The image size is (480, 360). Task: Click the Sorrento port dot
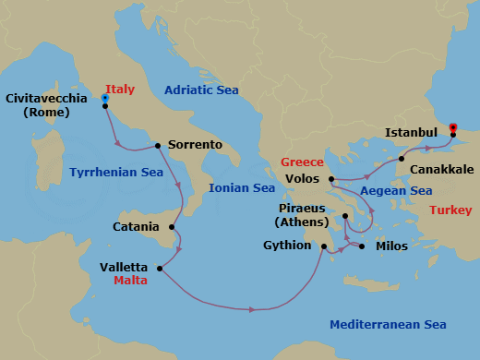pos(159,145)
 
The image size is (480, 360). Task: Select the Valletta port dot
pos(161,269)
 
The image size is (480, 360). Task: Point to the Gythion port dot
pos(324,246)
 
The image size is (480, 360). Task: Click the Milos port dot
pos(362,246)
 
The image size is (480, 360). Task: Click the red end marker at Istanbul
pos(452,127)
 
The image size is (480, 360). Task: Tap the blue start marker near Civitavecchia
pos(105,97)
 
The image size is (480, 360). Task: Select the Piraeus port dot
pos(344,217)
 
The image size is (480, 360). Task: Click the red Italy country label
pos(120,90)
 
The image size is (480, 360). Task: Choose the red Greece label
pos(302,162)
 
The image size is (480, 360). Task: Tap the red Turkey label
pos(451,210)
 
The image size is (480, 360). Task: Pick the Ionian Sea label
pos(242,187)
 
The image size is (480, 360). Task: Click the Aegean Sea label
pos(396,191)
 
